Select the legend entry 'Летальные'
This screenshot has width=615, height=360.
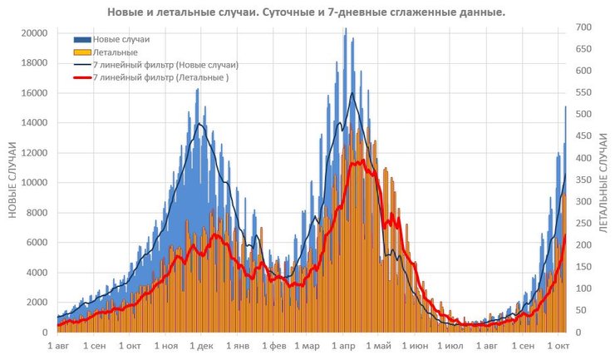coord(116,52)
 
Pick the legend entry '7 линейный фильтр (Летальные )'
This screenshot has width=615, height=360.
coord(161,77)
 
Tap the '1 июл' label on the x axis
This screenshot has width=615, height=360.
coord(450,345)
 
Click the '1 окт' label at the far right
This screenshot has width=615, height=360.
coord(558,345)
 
